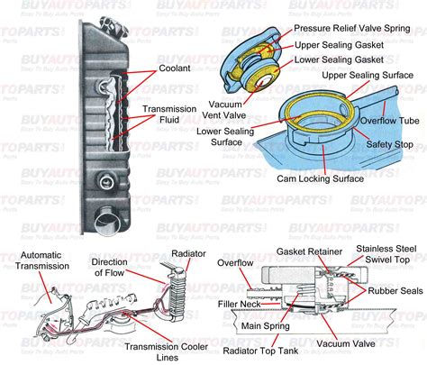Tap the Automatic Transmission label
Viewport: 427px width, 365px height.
click(36, 261)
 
